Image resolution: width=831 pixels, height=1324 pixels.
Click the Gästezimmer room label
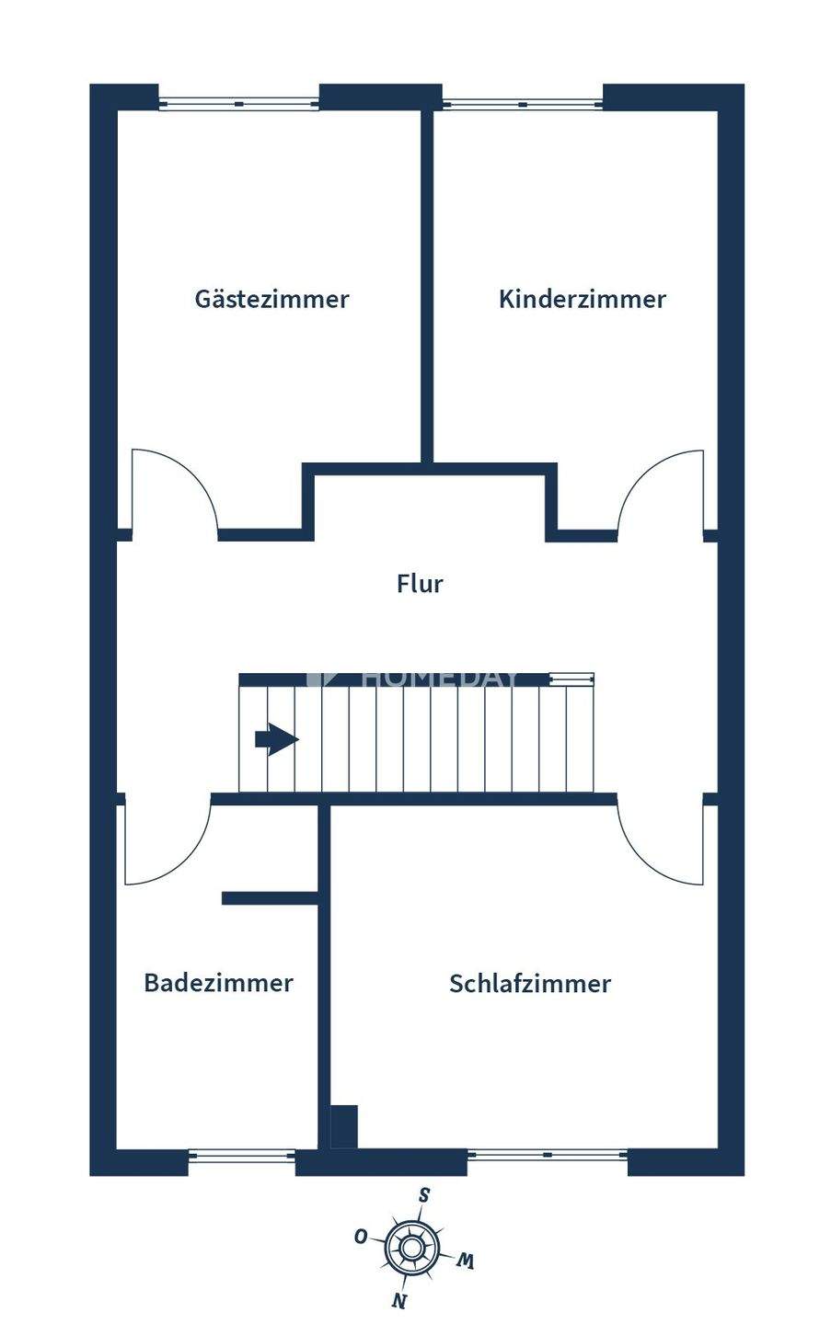point(271,299)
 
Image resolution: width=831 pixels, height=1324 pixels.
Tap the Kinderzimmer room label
point(582,299)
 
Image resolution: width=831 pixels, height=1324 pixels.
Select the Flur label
point(420,584)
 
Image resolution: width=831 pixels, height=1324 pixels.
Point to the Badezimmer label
point(218,983)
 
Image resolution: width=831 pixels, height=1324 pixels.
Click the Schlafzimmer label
point(529,984)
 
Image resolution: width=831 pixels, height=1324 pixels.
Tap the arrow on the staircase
point(276,739)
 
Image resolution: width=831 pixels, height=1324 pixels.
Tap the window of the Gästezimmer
point(239,103)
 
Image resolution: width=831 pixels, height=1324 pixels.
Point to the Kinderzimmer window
point(523,103)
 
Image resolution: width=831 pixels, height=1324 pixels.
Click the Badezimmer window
point(241,1156)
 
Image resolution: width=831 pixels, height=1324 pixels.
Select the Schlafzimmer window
point(548,1155)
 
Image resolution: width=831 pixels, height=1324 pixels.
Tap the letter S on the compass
point(424,1195)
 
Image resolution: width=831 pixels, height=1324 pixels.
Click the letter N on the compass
point(398,1300)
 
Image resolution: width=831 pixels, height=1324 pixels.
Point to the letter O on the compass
point(362,1237)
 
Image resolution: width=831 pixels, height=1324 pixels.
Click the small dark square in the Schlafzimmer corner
point(343,1126)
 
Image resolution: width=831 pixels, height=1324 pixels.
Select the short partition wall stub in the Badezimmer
point(270,898)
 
